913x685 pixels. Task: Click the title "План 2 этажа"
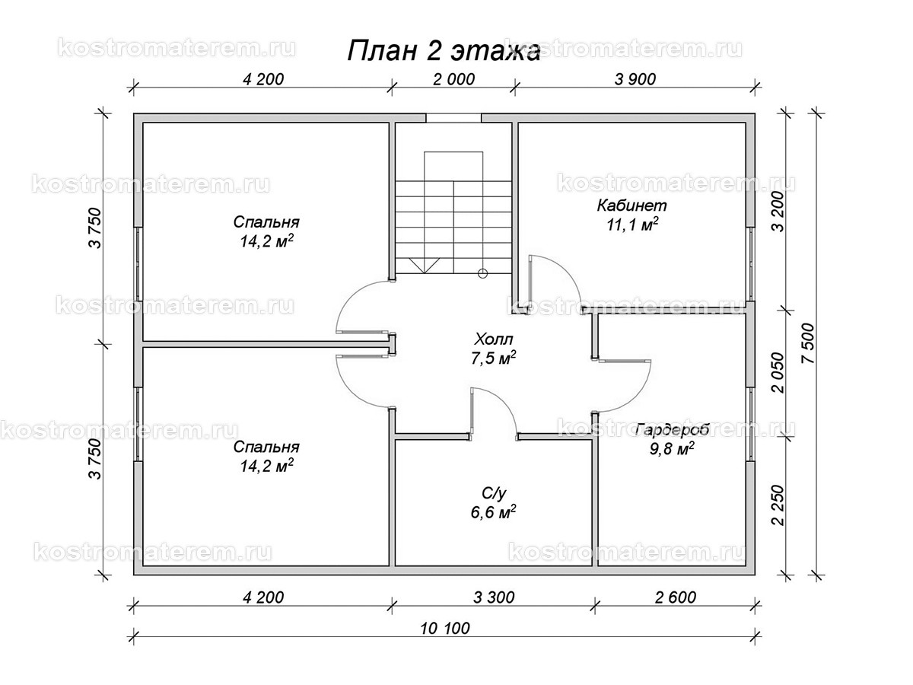(x=444, y=51)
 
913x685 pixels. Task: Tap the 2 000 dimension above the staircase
(x=453, y=78)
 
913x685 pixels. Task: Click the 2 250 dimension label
(x=778, y=506)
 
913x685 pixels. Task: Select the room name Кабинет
(x=631, y=205)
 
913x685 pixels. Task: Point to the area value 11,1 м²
(x=631, y=225)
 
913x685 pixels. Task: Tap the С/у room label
(x=493, y=492)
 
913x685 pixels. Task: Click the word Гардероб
(x=673, y=430)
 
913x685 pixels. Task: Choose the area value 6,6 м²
(x=493, y=511)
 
